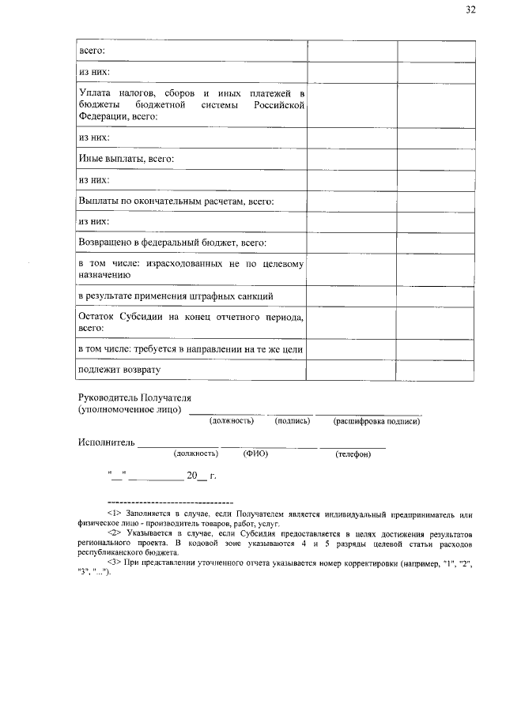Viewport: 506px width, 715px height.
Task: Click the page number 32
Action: (470, 10)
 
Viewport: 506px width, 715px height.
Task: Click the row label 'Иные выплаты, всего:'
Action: (126, 159)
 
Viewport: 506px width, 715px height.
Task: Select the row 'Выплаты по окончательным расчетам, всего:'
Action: (176, 201)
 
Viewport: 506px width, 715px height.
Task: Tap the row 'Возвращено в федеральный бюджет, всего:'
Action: (172, 243)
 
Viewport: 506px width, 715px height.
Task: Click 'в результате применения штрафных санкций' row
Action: (176, 296)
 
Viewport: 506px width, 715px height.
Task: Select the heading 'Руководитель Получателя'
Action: (135, 397)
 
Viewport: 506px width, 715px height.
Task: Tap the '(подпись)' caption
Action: (292, 422)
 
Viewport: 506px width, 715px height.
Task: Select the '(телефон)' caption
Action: (353, 454)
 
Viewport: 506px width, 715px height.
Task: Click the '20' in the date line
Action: (191, 476)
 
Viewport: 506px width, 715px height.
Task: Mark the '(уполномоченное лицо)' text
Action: (130, 410)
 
